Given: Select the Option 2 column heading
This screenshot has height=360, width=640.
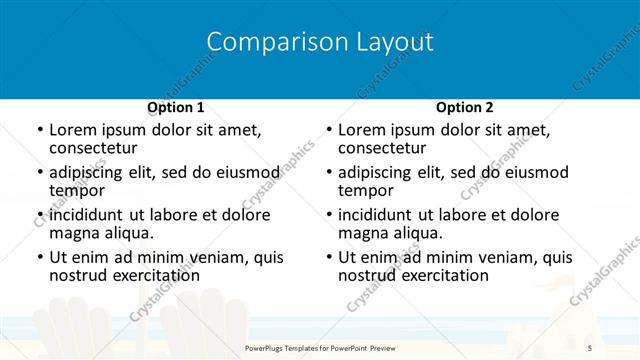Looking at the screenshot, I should [464, 107].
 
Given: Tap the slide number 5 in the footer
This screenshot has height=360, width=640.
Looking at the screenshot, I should [587, 346].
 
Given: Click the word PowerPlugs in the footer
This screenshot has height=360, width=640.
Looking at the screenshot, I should [269, 346].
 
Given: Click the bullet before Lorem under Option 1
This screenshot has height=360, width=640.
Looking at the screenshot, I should [40, 131].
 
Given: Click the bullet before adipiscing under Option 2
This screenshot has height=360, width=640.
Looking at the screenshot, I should [329, 173].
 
